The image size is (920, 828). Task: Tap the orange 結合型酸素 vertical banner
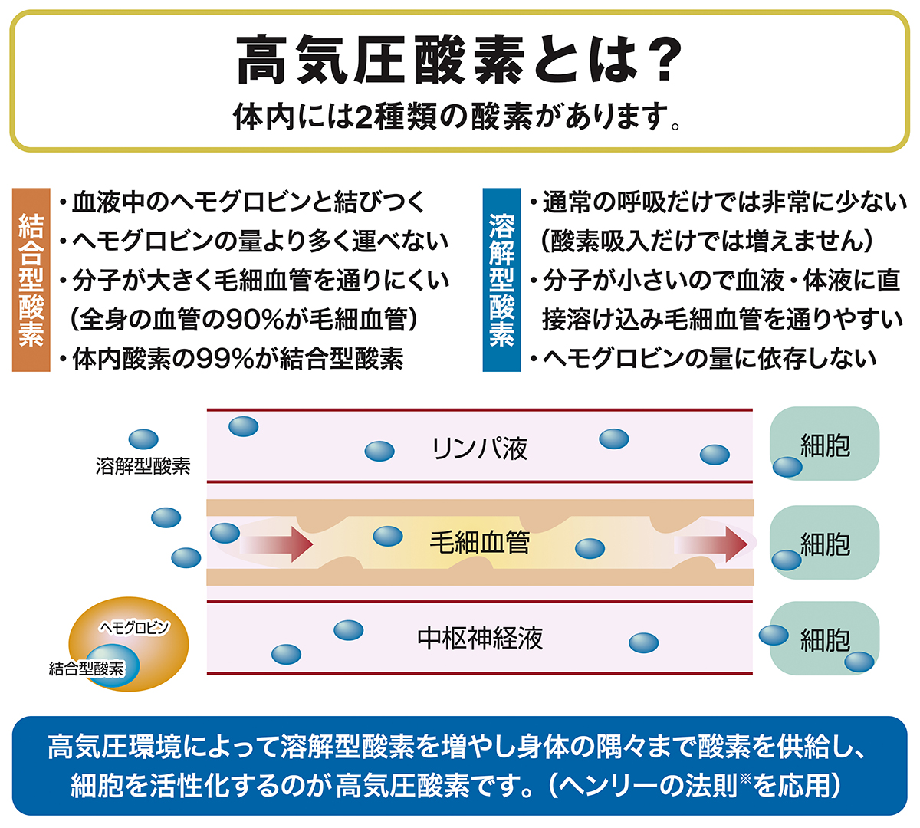(x=31, y=280)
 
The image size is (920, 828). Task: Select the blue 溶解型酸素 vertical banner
(x=501, y=280)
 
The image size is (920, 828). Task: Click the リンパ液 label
(x=480, y=449)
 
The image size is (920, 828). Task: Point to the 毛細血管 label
(x=480, y=544)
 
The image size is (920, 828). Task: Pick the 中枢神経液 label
(x=480, y=639)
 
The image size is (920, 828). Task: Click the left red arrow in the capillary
(x=276, y=544)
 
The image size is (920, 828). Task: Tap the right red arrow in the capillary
(x=711, y=544)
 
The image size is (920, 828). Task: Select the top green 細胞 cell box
(x=825, y=445)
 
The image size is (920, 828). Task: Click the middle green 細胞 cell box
(x=825, y=544)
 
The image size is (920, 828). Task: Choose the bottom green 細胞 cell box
(x=825, y=639)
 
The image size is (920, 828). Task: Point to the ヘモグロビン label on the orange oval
(x=134, y=628)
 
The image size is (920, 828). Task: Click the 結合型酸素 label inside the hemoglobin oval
(x=86, y=669)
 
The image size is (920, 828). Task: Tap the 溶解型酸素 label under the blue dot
(x=143, y=465)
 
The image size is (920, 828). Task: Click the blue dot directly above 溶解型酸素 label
(x=143, y=439)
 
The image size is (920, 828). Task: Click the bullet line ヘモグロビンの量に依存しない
(x=709, y=359)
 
